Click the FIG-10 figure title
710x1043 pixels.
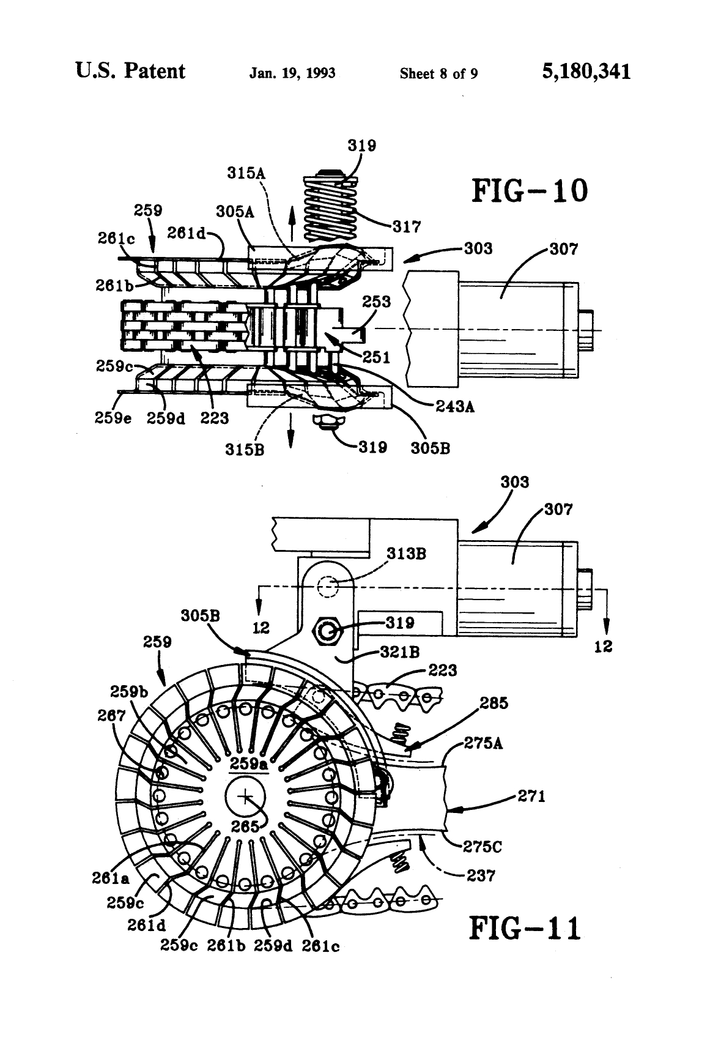click(529, 191)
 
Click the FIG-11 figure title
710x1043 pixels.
click(525, 929)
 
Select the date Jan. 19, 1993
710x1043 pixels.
click(292, 73)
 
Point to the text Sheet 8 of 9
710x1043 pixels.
click(438, 74)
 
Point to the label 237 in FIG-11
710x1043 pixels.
click(480, 875)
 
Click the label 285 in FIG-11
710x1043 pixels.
click(494, 703)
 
